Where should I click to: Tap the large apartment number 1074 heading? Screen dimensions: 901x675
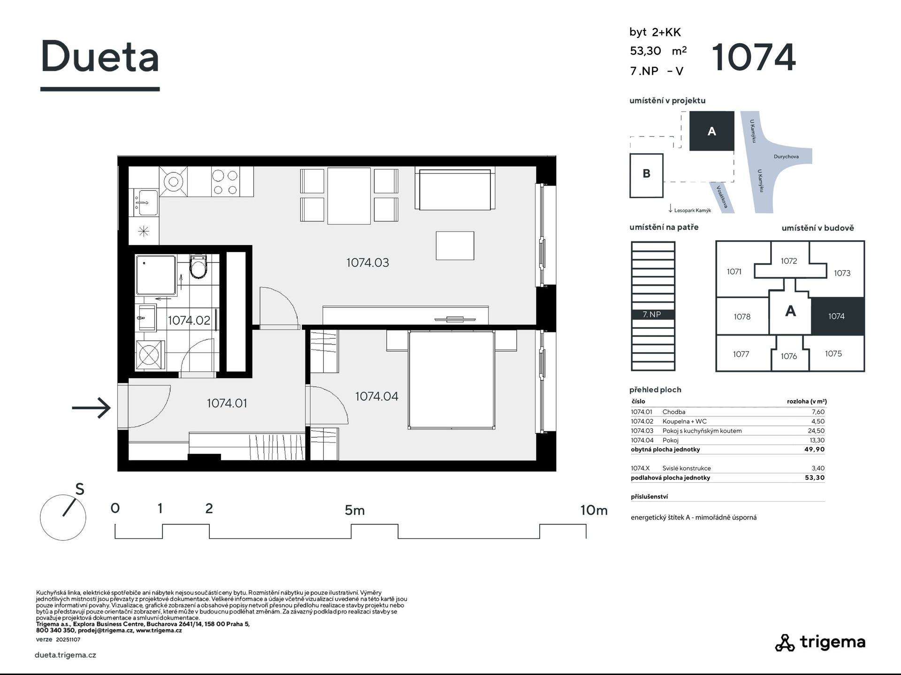coord(754,57)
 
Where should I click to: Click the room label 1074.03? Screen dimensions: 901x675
coord(367,262)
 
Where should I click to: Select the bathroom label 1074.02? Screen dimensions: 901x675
coord(189,320)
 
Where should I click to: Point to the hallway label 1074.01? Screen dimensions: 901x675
coord(227,403)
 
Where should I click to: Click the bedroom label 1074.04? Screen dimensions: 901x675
coord(376,396)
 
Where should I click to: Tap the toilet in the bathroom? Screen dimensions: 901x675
coord(198,267)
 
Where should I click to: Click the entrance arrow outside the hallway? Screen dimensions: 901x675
coord(91,407)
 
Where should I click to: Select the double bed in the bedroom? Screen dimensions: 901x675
coord(451,380)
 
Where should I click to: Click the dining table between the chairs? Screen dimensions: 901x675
coord(349,196)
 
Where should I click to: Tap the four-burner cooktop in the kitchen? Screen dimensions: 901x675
coord(225,182)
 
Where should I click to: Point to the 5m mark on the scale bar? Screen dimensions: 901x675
coord(354,510)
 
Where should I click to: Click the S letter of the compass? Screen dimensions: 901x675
coord(80,489)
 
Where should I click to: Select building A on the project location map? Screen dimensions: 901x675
coord(711,131)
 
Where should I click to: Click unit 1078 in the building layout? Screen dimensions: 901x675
coord(742,316)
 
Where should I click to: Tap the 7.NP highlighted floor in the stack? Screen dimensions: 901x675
coord(653,315)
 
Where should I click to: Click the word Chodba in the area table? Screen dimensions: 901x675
coord(674,412)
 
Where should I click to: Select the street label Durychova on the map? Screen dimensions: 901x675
coord(786,157)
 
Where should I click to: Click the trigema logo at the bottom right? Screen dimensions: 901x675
coord(820,642)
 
